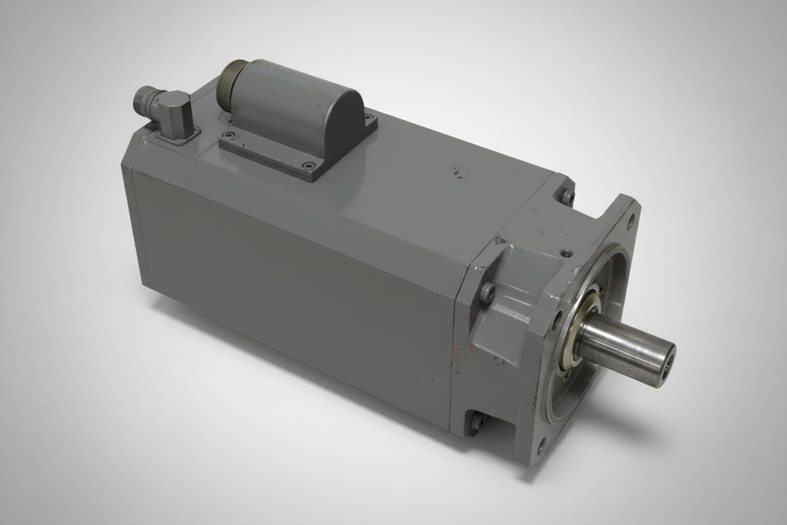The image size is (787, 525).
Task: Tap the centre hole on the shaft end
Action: [667, 363]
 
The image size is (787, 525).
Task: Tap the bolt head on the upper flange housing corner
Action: [568, 195]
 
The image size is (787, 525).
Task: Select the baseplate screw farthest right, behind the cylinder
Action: [368, 117]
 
